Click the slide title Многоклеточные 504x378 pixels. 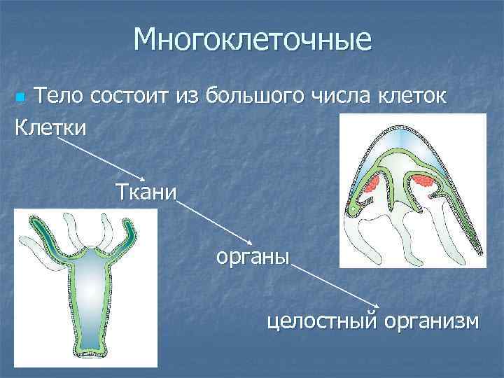point(252,40)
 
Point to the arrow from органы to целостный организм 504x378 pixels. point(336,287)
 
